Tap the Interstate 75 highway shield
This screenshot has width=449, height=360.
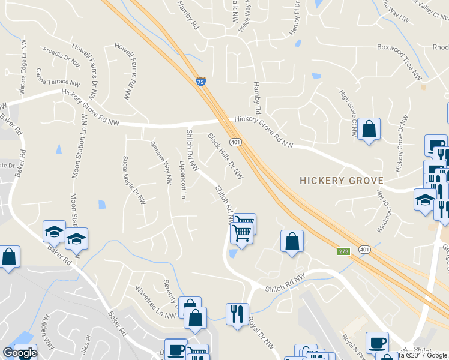coord(201,82)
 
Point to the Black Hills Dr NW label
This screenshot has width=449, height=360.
coord(226,156)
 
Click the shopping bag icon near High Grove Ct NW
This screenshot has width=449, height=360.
coord(369,128)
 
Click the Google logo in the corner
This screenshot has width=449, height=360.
coord(19,353)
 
